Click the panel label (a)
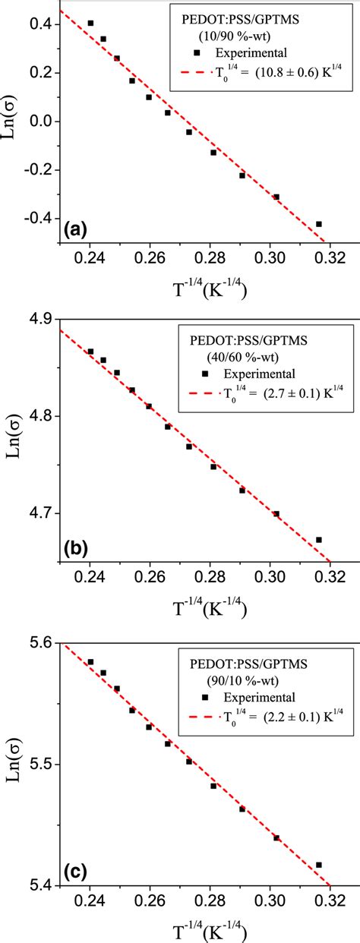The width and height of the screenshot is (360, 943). pos(77,229)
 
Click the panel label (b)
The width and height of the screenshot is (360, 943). pos(77,545)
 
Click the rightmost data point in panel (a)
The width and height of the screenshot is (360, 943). pos(319,224)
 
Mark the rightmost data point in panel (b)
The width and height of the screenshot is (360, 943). pos(319,540)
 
